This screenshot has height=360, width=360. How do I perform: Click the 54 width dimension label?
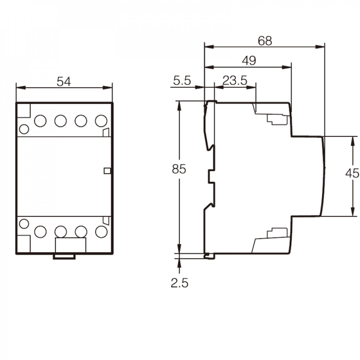click(x=64, y=81)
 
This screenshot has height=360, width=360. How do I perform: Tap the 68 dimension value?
click(x=265, y=41)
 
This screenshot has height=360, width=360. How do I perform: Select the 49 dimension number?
click(x=249, y=60)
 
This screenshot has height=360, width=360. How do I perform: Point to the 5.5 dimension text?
click(x=182, y=81)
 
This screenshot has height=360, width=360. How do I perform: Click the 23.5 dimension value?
click(x=235, y=81)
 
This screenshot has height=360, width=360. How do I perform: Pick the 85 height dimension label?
click(x=179, y=169)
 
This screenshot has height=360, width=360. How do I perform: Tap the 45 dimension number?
click(x=352, y=173)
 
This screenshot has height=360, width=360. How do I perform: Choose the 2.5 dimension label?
click(x=179, y=283)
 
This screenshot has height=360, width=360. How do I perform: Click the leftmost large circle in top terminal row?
click(x=40, y=121)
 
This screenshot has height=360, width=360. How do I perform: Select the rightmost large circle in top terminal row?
click(x=101, y=121)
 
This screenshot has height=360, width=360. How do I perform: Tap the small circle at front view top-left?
click(x=24, y=129)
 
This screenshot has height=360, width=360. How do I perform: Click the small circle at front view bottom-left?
click(x=24, y=224)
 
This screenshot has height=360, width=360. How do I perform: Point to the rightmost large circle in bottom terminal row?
click(x=101, y=231)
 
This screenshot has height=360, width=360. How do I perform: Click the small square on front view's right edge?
click(x=107, y=171)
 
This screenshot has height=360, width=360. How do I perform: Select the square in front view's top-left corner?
click(x=24, y=111)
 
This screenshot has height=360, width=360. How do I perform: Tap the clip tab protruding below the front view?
click(x=64, y=257)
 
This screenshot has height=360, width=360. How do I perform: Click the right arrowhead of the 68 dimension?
click(x=320, y=47)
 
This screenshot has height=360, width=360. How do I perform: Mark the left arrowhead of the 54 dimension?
click(x=21, y=88)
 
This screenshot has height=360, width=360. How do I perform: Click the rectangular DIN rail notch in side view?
click(x=211, y=176)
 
